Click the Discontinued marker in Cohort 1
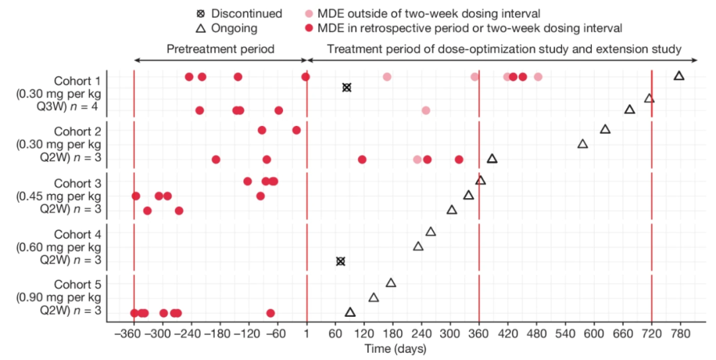(x=346, y=88)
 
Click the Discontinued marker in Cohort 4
(x=340, y=261)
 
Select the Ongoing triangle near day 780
(x=679, y=76)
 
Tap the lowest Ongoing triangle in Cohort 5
(x=350, y=312)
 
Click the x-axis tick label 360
(x=479, y=335)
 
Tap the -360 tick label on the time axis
(x=134, y=335)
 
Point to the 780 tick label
(x=680, y=335)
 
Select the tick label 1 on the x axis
(x=307, y=335)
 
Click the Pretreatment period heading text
(x=220, y=49)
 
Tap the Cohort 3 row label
(x=77, y=182)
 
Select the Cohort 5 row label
(x=77, y=284)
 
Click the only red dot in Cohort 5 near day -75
(x=270, y=313)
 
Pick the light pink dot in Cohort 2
(x=417, y=159)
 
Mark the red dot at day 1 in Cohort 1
(x=306, y=77)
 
